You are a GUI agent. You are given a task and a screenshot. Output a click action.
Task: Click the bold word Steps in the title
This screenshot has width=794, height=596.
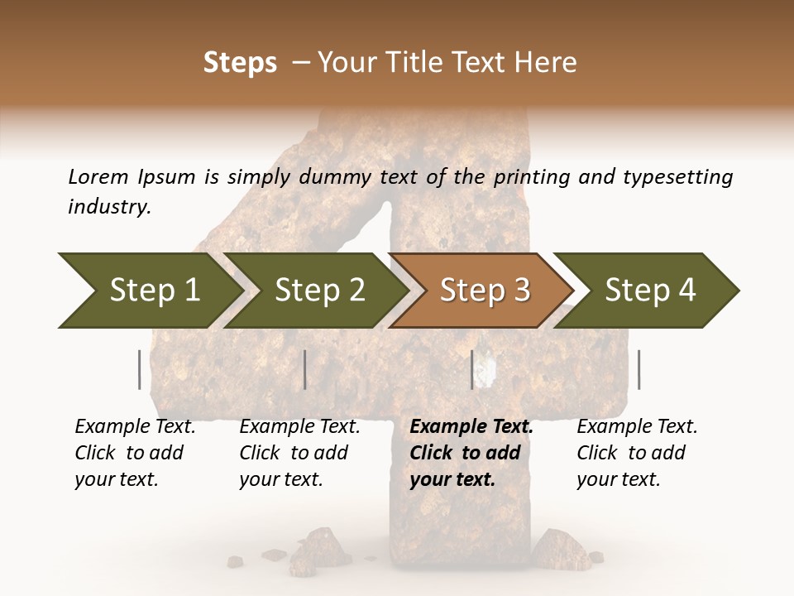[240, 63]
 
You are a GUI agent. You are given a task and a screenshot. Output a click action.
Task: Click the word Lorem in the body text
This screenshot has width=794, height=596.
[98, 176]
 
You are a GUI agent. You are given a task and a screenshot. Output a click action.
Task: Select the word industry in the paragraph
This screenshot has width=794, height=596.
[109, 207]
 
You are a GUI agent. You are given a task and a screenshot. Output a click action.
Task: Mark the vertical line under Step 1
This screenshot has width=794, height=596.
[139, 369]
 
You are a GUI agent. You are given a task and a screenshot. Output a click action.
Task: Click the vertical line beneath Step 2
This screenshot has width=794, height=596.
[305, 369]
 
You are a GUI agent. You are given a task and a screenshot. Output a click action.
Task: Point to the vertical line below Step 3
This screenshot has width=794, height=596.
[471, 369]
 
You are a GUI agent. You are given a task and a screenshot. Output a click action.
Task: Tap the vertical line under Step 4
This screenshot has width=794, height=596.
[639, 369]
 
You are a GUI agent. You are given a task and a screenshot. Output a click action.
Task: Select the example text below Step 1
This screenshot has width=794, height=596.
[135, 453]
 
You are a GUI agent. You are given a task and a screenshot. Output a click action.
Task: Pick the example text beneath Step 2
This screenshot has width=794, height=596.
[299, 453]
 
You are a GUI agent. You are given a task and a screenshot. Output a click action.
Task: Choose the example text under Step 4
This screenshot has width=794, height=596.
[637, 453]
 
